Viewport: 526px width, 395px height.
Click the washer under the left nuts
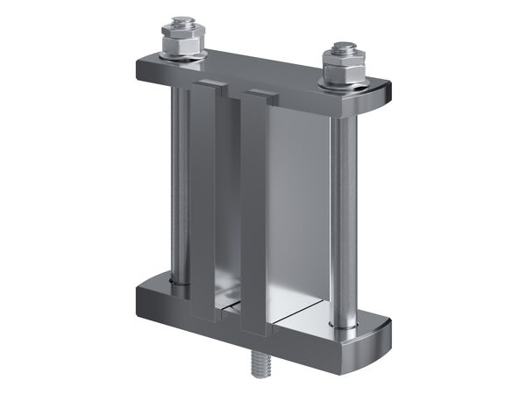181,57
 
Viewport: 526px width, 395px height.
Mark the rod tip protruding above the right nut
344,45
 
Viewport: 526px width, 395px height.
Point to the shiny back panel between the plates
298,202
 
